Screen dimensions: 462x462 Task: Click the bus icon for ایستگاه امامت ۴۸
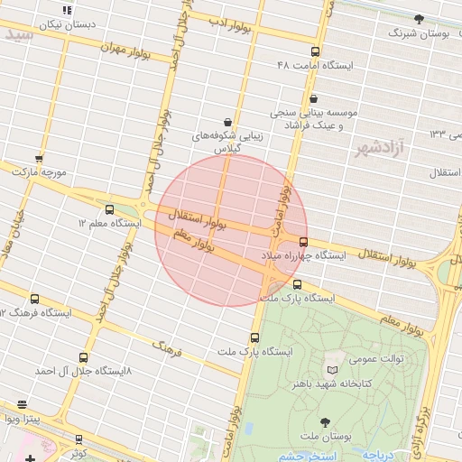pyautogui.click(x=315, y=51)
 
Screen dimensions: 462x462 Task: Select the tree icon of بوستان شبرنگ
pyautogui.click(x=419, y=18)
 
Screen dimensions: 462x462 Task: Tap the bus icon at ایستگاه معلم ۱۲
pyautogui.click(x=110, y=208)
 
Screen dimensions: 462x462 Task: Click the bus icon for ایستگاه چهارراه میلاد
pyautogui.click(x=302, y=242)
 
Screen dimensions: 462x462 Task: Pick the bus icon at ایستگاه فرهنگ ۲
pyautogui.click(x=35, y=299)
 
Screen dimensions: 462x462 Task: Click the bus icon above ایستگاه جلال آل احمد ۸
pyautogui.click(x=84, y=357)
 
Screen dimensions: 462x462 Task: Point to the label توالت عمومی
pyautogui.click(x=372, y=357)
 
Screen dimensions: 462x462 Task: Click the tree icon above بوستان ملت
pyautogui.click(x=325, y=421)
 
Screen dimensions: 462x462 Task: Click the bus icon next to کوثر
pyautogui.click(x=79, y=439)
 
